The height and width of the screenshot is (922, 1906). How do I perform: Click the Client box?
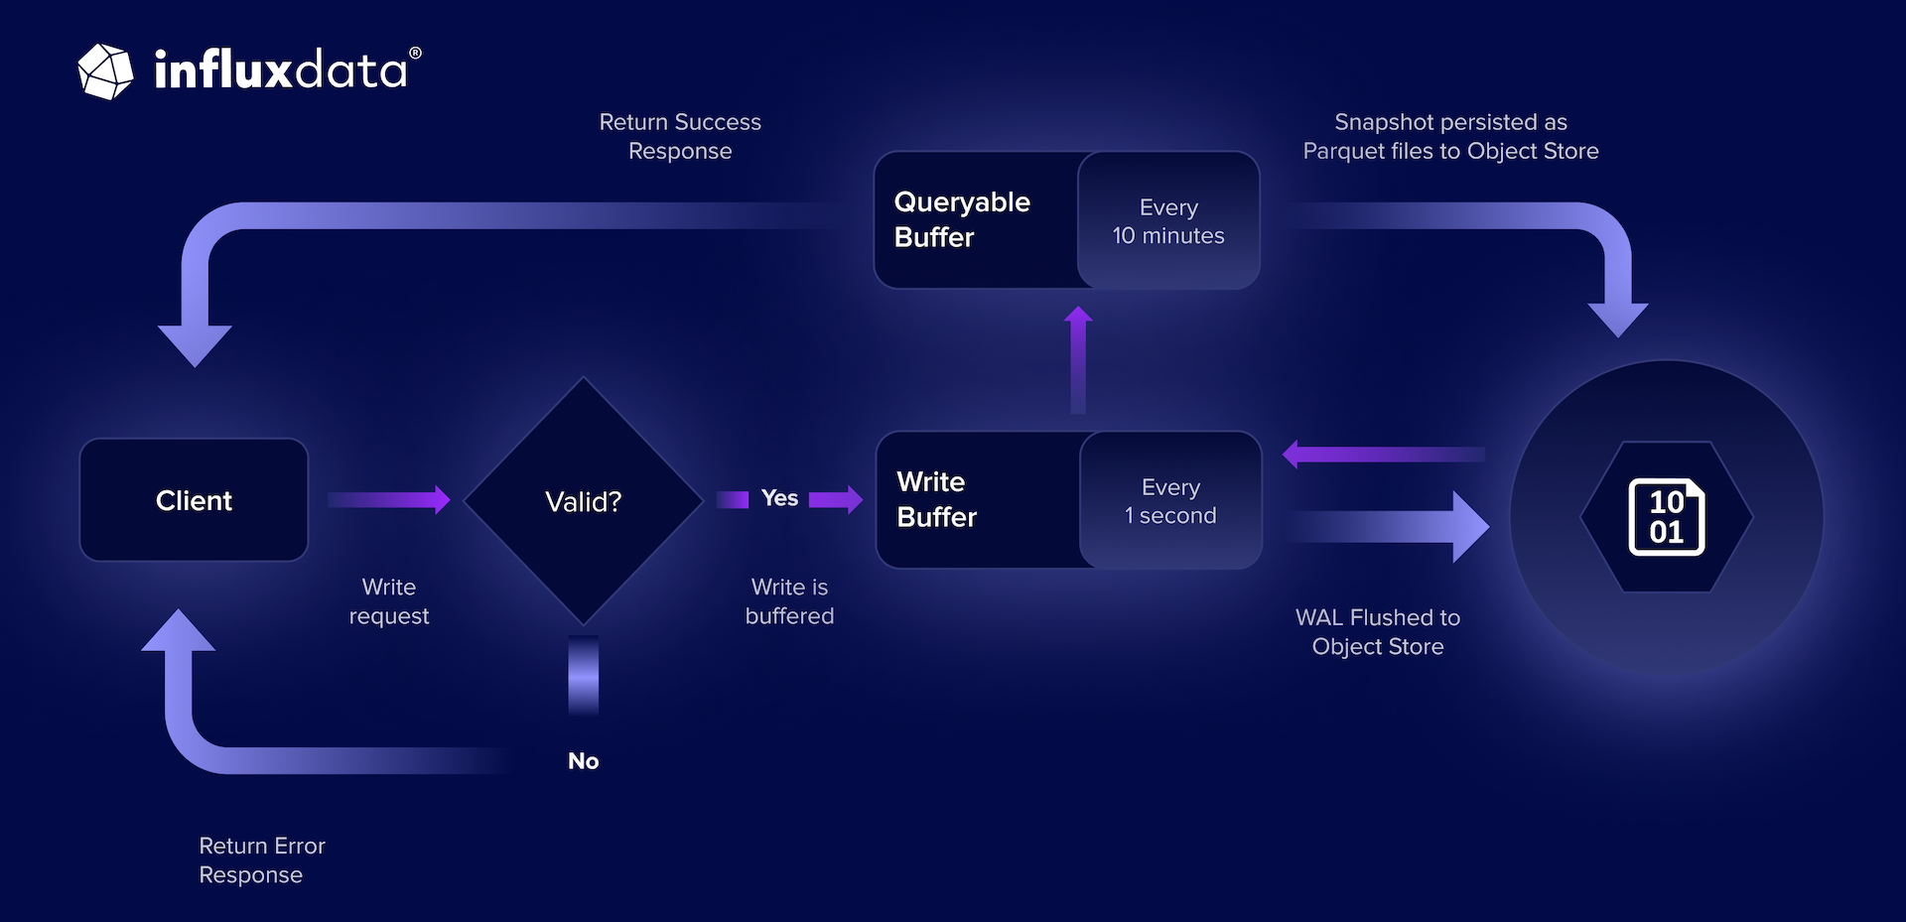pyautogui.click(x=194, y=500)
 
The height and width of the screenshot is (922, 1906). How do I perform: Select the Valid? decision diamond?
pyautogui.click(x=583, y=501)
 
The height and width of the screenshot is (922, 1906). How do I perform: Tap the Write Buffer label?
pyautogui.click(x=936, y=499)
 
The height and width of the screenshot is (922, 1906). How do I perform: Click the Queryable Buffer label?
pyautogui.click(x=961, y=219)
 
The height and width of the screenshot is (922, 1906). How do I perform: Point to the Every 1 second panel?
pyautogui.click(x=1170, y=500)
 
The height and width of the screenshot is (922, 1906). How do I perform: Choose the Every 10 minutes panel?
pyautogui.click(x=1168, y=220)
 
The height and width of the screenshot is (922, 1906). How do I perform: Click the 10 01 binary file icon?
pyautogui.click(x=1667, y=517)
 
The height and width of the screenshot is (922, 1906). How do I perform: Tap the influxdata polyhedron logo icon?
pyautogui.click(x=105, y=71)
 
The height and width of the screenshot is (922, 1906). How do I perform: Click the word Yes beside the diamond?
pyautogui.click(x=779, y=498)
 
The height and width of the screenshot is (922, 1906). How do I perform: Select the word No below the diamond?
pyautogui.click(x=583, y=761)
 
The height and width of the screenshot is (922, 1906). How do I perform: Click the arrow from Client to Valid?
pyautogui.click(x=389, y=499)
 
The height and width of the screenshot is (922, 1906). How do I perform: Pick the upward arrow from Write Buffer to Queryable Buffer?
pyautogui.click(x=1078, y=359)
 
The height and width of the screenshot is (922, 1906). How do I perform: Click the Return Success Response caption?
pyautogui.click(x=680, y=136)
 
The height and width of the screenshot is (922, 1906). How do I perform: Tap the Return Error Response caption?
pyautogui.click(x=261, y=860)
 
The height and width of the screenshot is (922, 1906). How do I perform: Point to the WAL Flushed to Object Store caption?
pyautogui.click(x=1378, y=632)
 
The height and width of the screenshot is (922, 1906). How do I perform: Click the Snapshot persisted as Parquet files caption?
pyautogui.click(x=1450, y=136)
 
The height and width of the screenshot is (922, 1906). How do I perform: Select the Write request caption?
pyautogui.click(x=388, y=601)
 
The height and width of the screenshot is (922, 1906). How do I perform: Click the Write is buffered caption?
pyautogui.click(x=789, y=601)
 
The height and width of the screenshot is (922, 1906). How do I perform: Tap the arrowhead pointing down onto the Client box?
pyautogui.click(x=195, y=343)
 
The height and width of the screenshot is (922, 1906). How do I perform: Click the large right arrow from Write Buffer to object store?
pyautogui.click(x=1390, y=527)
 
